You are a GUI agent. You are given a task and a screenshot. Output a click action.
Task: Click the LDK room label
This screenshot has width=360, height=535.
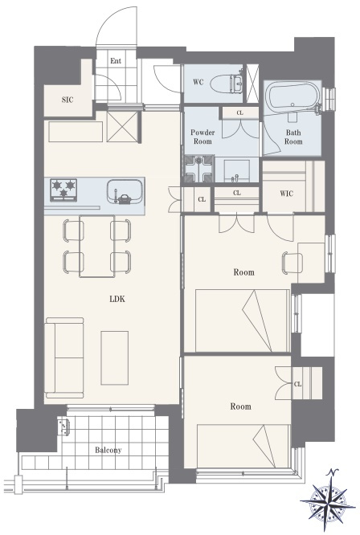pos(117,300)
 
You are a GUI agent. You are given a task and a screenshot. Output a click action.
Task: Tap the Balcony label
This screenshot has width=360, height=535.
pos(108,450)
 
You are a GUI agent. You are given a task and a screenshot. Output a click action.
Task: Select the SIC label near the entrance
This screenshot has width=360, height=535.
pos(67,100)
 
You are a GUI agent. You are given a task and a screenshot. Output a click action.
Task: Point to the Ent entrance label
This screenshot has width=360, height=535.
pos(116,61)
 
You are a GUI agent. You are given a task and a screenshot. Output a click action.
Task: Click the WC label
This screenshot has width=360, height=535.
pos(198,82)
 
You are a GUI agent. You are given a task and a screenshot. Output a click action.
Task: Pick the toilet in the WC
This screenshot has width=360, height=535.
pos(227,84)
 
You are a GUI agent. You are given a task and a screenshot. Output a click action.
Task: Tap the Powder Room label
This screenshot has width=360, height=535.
pos(202,137)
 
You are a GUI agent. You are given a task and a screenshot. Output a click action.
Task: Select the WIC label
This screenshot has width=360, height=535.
pos(286,194)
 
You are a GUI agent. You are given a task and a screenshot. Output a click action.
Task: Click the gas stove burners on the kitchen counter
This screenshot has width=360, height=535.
pos(63,190)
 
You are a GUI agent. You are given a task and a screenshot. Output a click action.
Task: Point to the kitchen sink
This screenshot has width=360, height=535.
pos(125,192)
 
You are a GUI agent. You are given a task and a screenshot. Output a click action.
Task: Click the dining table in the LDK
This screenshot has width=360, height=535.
pos(97,247)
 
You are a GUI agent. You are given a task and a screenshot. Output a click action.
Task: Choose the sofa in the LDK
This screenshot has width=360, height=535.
pos(64,358)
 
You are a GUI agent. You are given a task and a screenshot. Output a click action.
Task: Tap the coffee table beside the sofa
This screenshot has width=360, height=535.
pos(115,357)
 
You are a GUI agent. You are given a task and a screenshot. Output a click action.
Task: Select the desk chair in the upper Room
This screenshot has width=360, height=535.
pos(292,263)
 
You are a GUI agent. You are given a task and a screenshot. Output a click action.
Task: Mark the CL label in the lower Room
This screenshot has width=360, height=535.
pos(297,384)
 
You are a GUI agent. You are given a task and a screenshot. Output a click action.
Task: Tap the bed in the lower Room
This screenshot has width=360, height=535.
pos(243,446)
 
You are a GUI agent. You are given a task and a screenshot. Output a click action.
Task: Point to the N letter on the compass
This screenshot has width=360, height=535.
pos(333,473)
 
